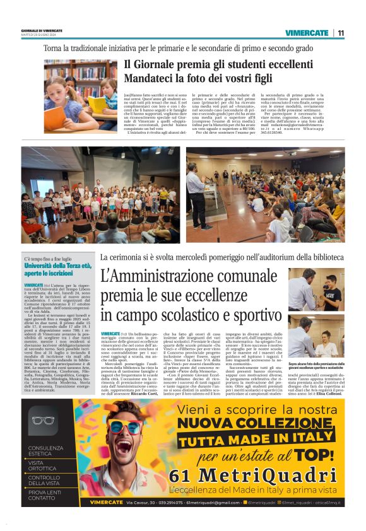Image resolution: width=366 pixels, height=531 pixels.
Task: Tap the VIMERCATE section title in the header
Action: coord(307,33)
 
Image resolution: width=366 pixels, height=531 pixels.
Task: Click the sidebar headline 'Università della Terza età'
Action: coord(59,266)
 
